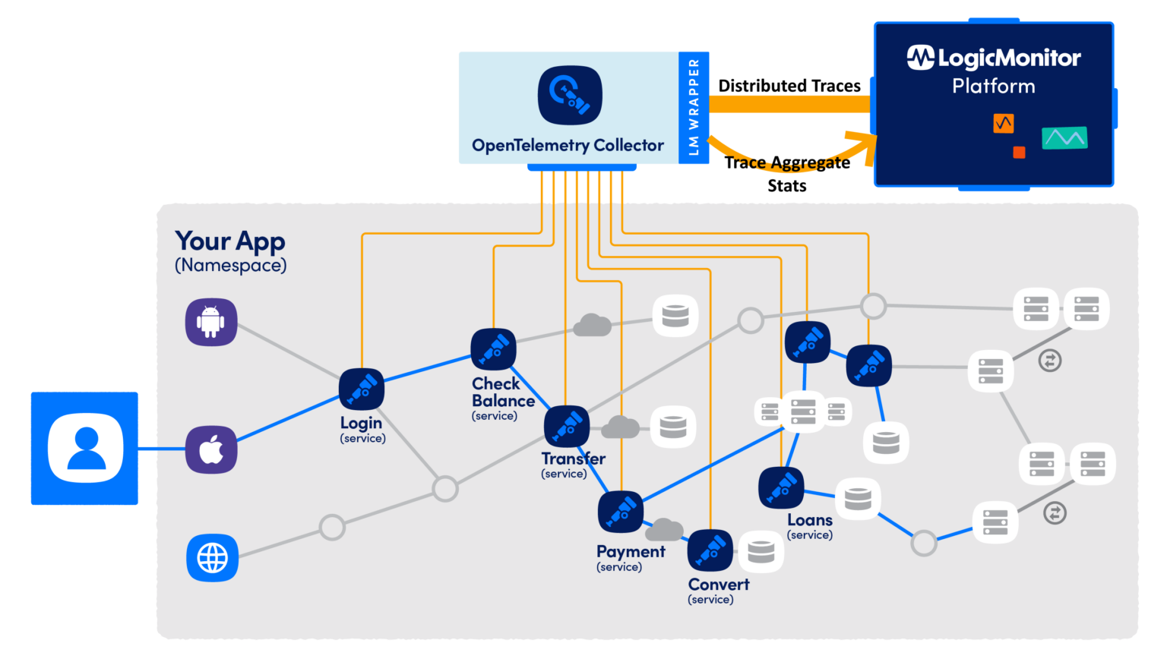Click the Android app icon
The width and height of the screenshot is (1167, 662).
tap(211, 322)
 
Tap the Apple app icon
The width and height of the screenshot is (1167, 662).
tap(211, 450)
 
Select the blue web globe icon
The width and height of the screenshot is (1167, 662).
tap(212, 558)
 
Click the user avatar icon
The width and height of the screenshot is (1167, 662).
tap(85, 448)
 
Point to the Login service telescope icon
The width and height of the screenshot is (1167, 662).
tap(362, 389)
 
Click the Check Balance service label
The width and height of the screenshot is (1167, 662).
tap(502, 392)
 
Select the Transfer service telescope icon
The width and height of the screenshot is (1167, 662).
tap(567, 426)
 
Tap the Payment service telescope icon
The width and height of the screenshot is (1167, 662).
tap(621, 512)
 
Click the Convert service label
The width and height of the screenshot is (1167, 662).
tap(718, 585)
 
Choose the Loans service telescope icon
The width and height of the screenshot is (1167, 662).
tap(781, 488)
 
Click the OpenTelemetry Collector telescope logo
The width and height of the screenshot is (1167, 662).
tap(570, 96)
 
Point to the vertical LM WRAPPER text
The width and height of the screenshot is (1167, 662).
tap(694, 107)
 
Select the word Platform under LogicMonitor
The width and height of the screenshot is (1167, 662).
tap(994, 87)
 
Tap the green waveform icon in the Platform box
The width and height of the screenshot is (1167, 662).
tap(1064, 138)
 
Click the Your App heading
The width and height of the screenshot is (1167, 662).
tap(229, 241)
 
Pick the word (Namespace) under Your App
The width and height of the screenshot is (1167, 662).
tap(230, 266)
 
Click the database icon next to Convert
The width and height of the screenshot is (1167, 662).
tap(761, 552)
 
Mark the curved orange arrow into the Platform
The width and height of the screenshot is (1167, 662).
tap(790, 157)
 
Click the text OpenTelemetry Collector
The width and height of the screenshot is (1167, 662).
tap(568, 146)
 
